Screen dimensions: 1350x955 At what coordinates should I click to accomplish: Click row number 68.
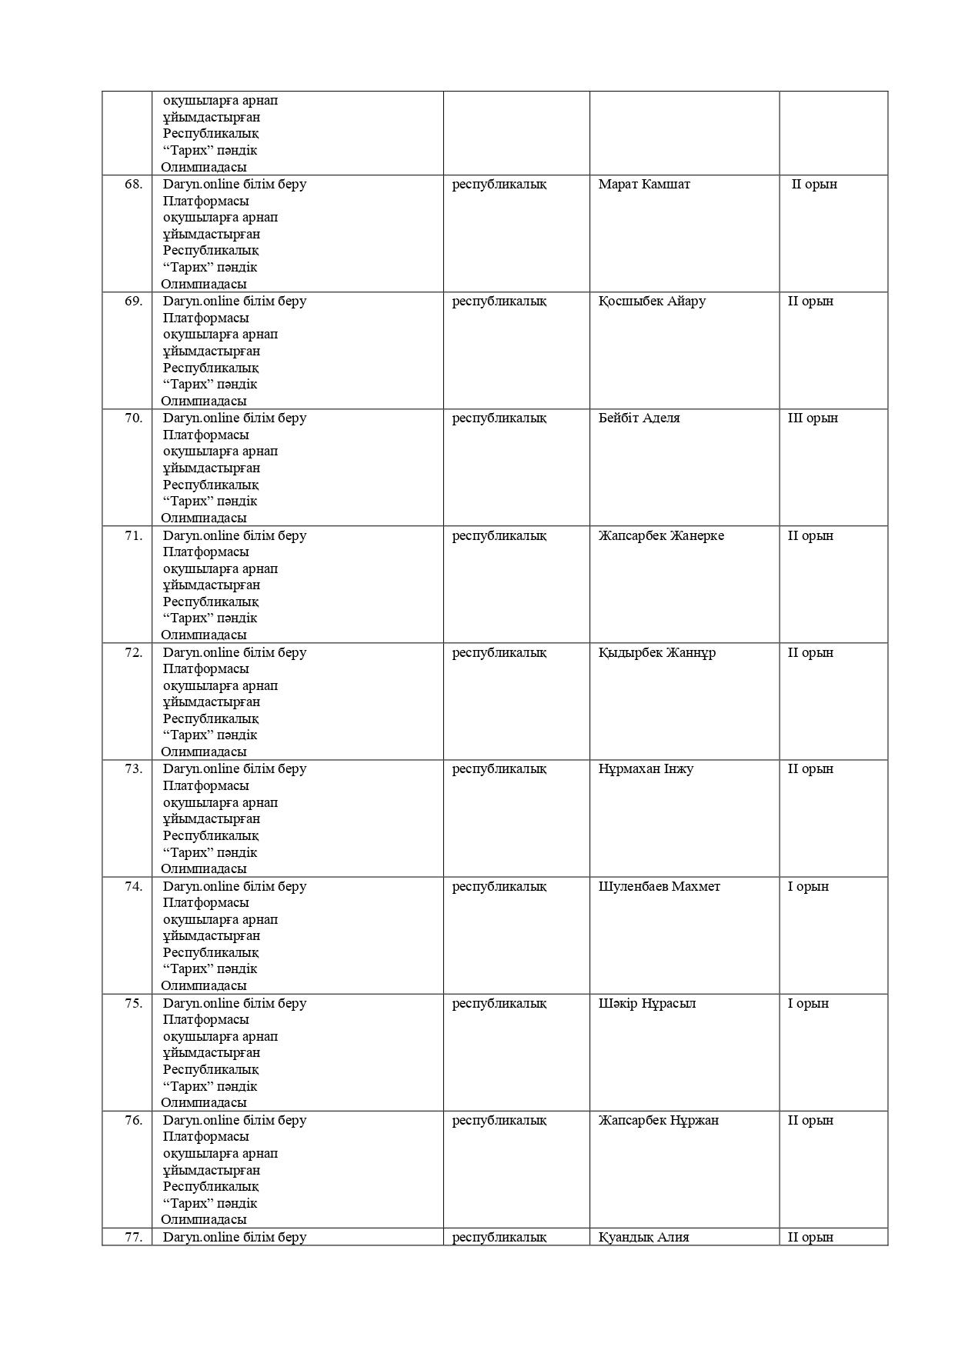coord(134,185)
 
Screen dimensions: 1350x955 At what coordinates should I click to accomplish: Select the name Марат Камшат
coord(644,185)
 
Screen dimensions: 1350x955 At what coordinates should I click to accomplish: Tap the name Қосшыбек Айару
coord(652,302)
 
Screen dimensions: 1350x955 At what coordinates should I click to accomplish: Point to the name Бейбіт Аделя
coord(639,418)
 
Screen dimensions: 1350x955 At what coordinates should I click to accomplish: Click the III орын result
coord(813,418)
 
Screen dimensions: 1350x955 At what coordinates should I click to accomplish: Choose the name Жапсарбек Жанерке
coord(661,536)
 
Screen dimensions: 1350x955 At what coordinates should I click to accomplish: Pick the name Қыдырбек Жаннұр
coord(657,653)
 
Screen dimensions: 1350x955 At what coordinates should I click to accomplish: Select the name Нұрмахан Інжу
coord(646,769)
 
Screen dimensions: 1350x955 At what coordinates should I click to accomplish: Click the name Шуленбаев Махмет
coord(659,887)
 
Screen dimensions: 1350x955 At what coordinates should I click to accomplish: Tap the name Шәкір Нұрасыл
coord(647,1004)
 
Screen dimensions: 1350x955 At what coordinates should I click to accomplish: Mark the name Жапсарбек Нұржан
coord(659,1121)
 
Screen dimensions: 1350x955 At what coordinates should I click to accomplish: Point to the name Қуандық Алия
coord(644,1238)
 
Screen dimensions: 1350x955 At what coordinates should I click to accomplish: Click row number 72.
coord(134,653)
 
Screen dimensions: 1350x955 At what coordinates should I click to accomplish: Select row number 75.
coord(134,1004)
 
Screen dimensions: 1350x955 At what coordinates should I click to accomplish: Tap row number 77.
coord(134,1238)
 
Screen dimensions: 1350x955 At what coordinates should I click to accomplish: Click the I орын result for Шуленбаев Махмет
coord(808,887)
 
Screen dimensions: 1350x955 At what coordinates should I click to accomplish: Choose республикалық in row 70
coord(499,418)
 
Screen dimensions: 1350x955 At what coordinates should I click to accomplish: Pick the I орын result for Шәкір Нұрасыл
coord(808,1004)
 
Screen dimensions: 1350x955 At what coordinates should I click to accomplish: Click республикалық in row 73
coord(499,769)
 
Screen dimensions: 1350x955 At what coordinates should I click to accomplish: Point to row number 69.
coord(134,302)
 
